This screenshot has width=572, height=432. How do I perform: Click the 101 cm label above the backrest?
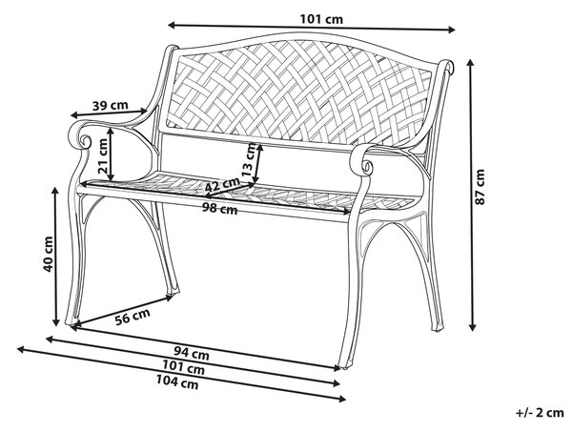321,19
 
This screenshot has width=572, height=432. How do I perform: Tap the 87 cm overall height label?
480,187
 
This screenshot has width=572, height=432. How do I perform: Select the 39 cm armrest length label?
111,106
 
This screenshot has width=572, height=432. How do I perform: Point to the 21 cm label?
103,155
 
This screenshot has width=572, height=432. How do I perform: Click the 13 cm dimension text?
250,159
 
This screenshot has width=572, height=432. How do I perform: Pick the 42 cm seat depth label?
222,184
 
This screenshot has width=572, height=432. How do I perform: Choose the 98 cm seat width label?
220,209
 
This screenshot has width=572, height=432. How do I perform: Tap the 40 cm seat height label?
49,254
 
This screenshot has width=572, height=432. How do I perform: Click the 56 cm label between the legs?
133,317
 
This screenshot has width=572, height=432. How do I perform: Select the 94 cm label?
192,353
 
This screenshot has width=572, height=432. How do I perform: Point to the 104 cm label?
177,382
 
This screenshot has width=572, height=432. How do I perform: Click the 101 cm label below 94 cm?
183,367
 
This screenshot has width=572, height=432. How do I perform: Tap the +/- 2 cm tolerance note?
540,413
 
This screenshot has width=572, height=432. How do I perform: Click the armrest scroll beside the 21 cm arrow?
85,140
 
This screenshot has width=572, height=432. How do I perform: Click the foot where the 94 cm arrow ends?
345,364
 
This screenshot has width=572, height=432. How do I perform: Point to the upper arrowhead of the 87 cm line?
471,64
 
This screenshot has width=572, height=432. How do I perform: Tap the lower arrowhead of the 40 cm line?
56,322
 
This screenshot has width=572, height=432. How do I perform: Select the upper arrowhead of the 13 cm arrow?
259,146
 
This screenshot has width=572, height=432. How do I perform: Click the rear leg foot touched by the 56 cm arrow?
173,291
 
